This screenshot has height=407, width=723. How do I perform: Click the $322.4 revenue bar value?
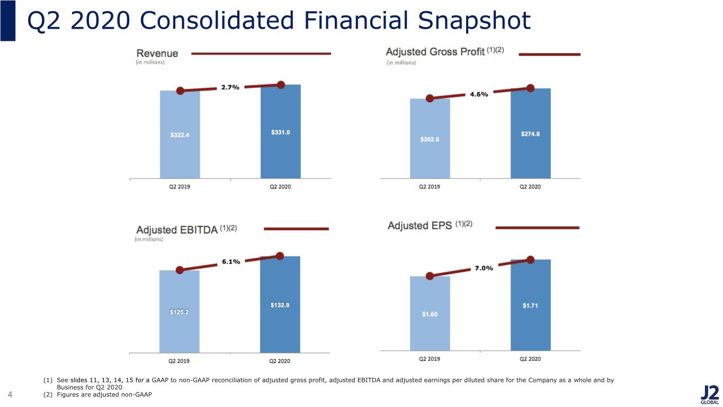pyautogui.click(x=180, y=135)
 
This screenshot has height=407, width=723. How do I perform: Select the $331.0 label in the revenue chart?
pyautogui.click(x=281, y=132)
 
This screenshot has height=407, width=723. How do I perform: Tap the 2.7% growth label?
pyautogui.click(x=230, y=87)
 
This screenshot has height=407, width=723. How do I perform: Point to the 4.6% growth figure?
pyautogui.click(x=479, y=94)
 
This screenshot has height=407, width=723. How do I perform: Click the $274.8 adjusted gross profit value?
pyautogui.click(x=530, y=134)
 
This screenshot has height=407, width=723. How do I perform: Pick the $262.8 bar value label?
pyautogui.click(x=430, y=139)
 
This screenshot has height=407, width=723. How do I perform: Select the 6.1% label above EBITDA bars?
pyautogui.click(x=231, y=262)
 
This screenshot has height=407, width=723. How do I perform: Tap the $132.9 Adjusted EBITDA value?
pyautogui.click(x=280, y=305)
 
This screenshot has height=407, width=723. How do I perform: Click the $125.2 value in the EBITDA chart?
pyautogui.click(x=179, y=312)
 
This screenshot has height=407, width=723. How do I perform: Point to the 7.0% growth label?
pyautogui.click(x=484, y=268)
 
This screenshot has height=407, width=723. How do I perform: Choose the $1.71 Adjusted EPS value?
pyautogui.click(x=530, y=306)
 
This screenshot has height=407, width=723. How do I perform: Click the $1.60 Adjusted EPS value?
pyautogui.click(x=430, y=314)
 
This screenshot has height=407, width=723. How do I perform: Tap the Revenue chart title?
pyautogui.click(x=157, y=54)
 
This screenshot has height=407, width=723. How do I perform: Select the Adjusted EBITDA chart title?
pyautogui.click(x=177, y=229)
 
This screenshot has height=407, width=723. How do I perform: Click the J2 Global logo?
pyautogui.click(x=709, y=395)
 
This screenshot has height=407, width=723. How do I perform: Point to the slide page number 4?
pyautogui.click(x=10, y=394)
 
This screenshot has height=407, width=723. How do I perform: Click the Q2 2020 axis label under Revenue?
pyautogui.click(x=280, y=187)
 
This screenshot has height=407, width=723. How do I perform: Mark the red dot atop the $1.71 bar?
pyautogui.click(x=530, y=260)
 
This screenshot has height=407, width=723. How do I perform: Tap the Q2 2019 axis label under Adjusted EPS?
pyautogui.click(x=429, y=359)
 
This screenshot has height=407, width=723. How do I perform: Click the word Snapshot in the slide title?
pyautogui.click(x=474, y=21)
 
